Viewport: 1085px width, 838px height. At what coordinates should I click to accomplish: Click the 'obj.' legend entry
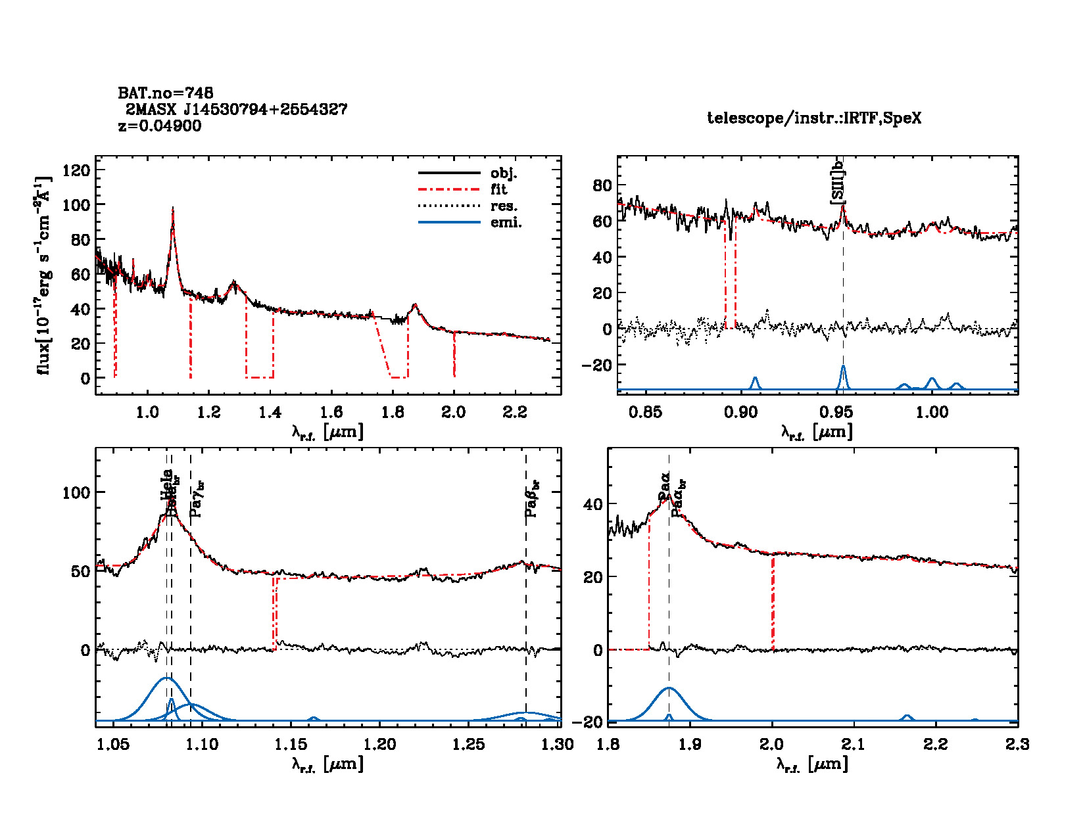(504, 174)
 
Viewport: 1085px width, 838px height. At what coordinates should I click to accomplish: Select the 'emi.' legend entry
(506, 223)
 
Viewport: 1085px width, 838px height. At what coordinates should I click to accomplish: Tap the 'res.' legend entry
(504, 206)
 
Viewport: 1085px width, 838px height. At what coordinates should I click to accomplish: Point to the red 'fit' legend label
(499, 190)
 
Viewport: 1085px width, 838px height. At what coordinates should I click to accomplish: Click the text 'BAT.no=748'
(166, 93)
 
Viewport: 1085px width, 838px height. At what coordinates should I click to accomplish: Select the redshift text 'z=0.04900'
(160, 126)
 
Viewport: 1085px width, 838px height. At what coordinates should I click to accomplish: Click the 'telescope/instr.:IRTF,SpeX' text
(814, 118)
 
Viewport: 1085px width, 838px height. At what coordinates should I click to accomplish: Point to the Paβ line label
(532, 498)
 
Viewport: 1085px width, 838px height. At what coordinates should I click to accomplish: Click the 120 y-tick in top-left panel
(76, 170)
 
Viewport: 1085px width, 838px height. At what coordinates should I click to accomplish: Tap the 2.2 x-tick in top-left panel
(515, 412)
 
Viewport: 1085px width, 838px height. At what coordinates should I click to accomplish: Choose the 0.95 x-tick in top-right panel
(836, 412)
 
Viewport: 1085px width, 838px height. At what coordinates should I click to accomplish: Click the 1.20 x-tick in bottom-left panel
(380, 744)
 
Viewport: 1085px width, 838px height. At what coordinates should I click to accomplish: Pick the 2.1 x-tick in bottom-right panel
(854, 744)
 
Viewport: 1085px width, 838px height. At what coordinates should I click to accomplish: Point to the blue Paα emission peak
(669, 688)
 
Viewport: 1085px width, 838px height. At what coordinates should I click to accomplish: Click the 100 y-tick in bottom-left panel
(76, 492)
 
